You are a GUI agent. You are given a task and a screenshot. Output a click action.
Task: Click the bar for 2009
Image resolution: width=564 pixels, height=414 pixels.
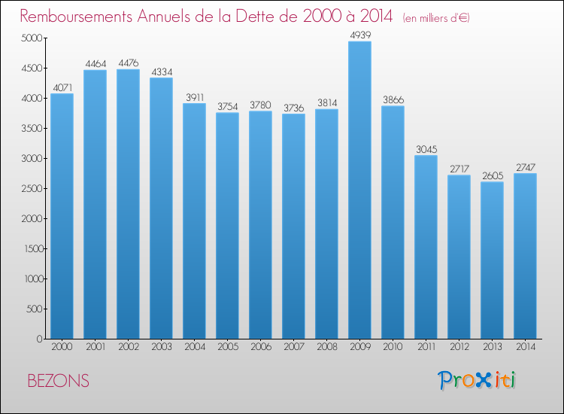[x=359, y=190]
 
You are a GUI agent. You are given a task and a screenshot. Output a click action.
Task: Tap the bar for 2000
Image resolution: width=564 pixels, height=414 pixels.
[x=62, y=216]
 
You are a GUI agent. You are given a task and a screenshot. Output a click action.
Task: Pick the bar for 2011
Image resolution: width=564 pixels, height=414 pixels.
[x=426, y=247]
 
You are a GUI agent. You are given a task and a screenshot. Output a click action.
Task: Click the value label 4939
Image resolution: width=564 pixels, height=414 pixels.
[x=359, y=35]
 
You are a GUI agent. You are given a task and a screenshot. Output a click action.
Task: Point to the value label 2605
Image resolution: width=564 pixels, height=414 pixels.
[x=492, y=175]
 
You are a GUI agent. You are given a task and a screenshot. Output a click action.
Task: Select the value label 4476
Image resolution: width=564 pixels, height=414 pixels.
[x=128, y=62]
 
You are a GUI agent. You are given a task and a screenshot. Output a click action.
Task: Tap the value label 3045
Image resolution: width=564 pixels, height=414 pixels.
[x=426, y=149]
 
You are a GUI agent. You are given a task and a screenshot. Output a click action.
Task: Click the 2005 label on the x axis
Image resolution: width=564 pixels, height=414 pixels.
[x=227, y=347]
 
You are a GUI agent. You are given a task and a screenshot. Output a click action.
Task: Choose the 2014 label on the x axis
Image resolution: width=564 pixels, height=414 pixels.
[x=525, y=347]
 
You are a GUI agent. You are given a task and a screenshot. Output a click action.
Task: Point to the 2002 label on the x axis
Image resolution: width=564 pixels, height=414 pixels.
[x=128, y=347]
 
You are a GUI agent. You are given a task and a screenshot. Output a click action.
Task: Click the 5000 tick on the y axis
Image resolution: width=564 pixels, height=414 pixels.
[x=32, y=38]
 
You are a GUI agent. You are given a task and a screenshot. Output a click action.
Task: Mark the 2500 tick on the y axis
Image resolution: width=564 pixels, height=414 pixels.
[x=32, y=189]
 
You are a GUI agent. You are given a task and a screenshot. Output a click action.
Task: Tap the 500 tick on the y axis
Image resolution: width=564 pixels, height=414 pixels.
[x=35, y=309]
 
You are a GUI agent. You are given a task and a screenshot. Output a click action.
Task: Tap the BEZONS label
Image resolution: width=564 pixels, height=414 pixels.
[x=58, y=381]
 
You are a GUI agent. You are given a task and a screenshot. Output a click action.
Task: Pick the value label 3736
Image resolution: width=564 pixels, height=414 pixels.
[x=293, y=108]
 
